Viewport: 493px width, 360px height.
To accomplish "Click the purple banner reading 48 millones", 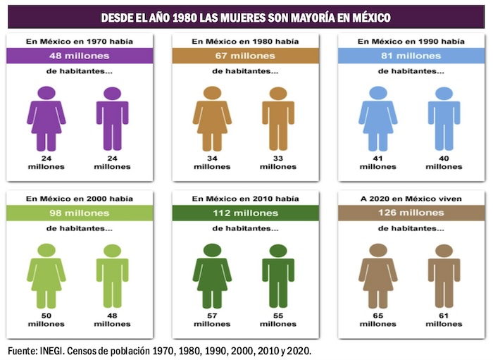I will tap(79, 55).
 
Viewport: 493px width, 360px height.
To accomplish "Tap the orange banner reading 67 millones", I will tap(246, 55).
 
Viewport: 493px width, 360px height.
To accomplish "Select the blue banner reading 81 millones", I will tap(411, 55).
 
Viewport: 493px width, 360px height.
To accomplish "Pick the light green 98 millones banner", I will tap(79, 213).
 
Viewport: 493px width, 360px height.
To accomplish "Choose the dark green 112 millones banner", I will tap(246, 213).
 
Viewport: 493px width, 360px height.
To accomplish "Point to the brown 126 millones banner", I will tap(411, 213).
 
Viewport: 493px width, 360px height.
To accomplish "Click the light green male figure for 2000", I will tap(113, 275).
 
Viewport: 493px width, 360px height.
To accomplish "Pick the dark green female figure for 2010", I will tap(212, 275).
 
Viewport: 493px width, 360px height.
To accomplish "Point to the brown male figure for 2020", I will tap(444, 275).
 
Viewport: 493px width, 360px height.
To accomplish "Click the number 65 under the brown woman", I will tap(377, 316).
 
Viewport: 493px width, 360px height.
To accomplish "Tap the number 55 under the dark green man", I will tap(278, 316).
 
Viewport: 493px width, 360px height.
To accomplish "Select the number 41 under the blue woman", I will tap(377, 159).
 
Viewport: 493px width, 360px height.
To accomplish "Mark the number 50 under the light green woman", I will tap(46, 316).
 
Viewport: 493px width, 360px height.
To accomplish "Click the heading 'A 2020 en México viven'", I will tap(411, 199).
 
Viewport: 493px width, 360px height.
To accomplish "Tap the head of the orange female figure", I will tap(212, 92).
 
